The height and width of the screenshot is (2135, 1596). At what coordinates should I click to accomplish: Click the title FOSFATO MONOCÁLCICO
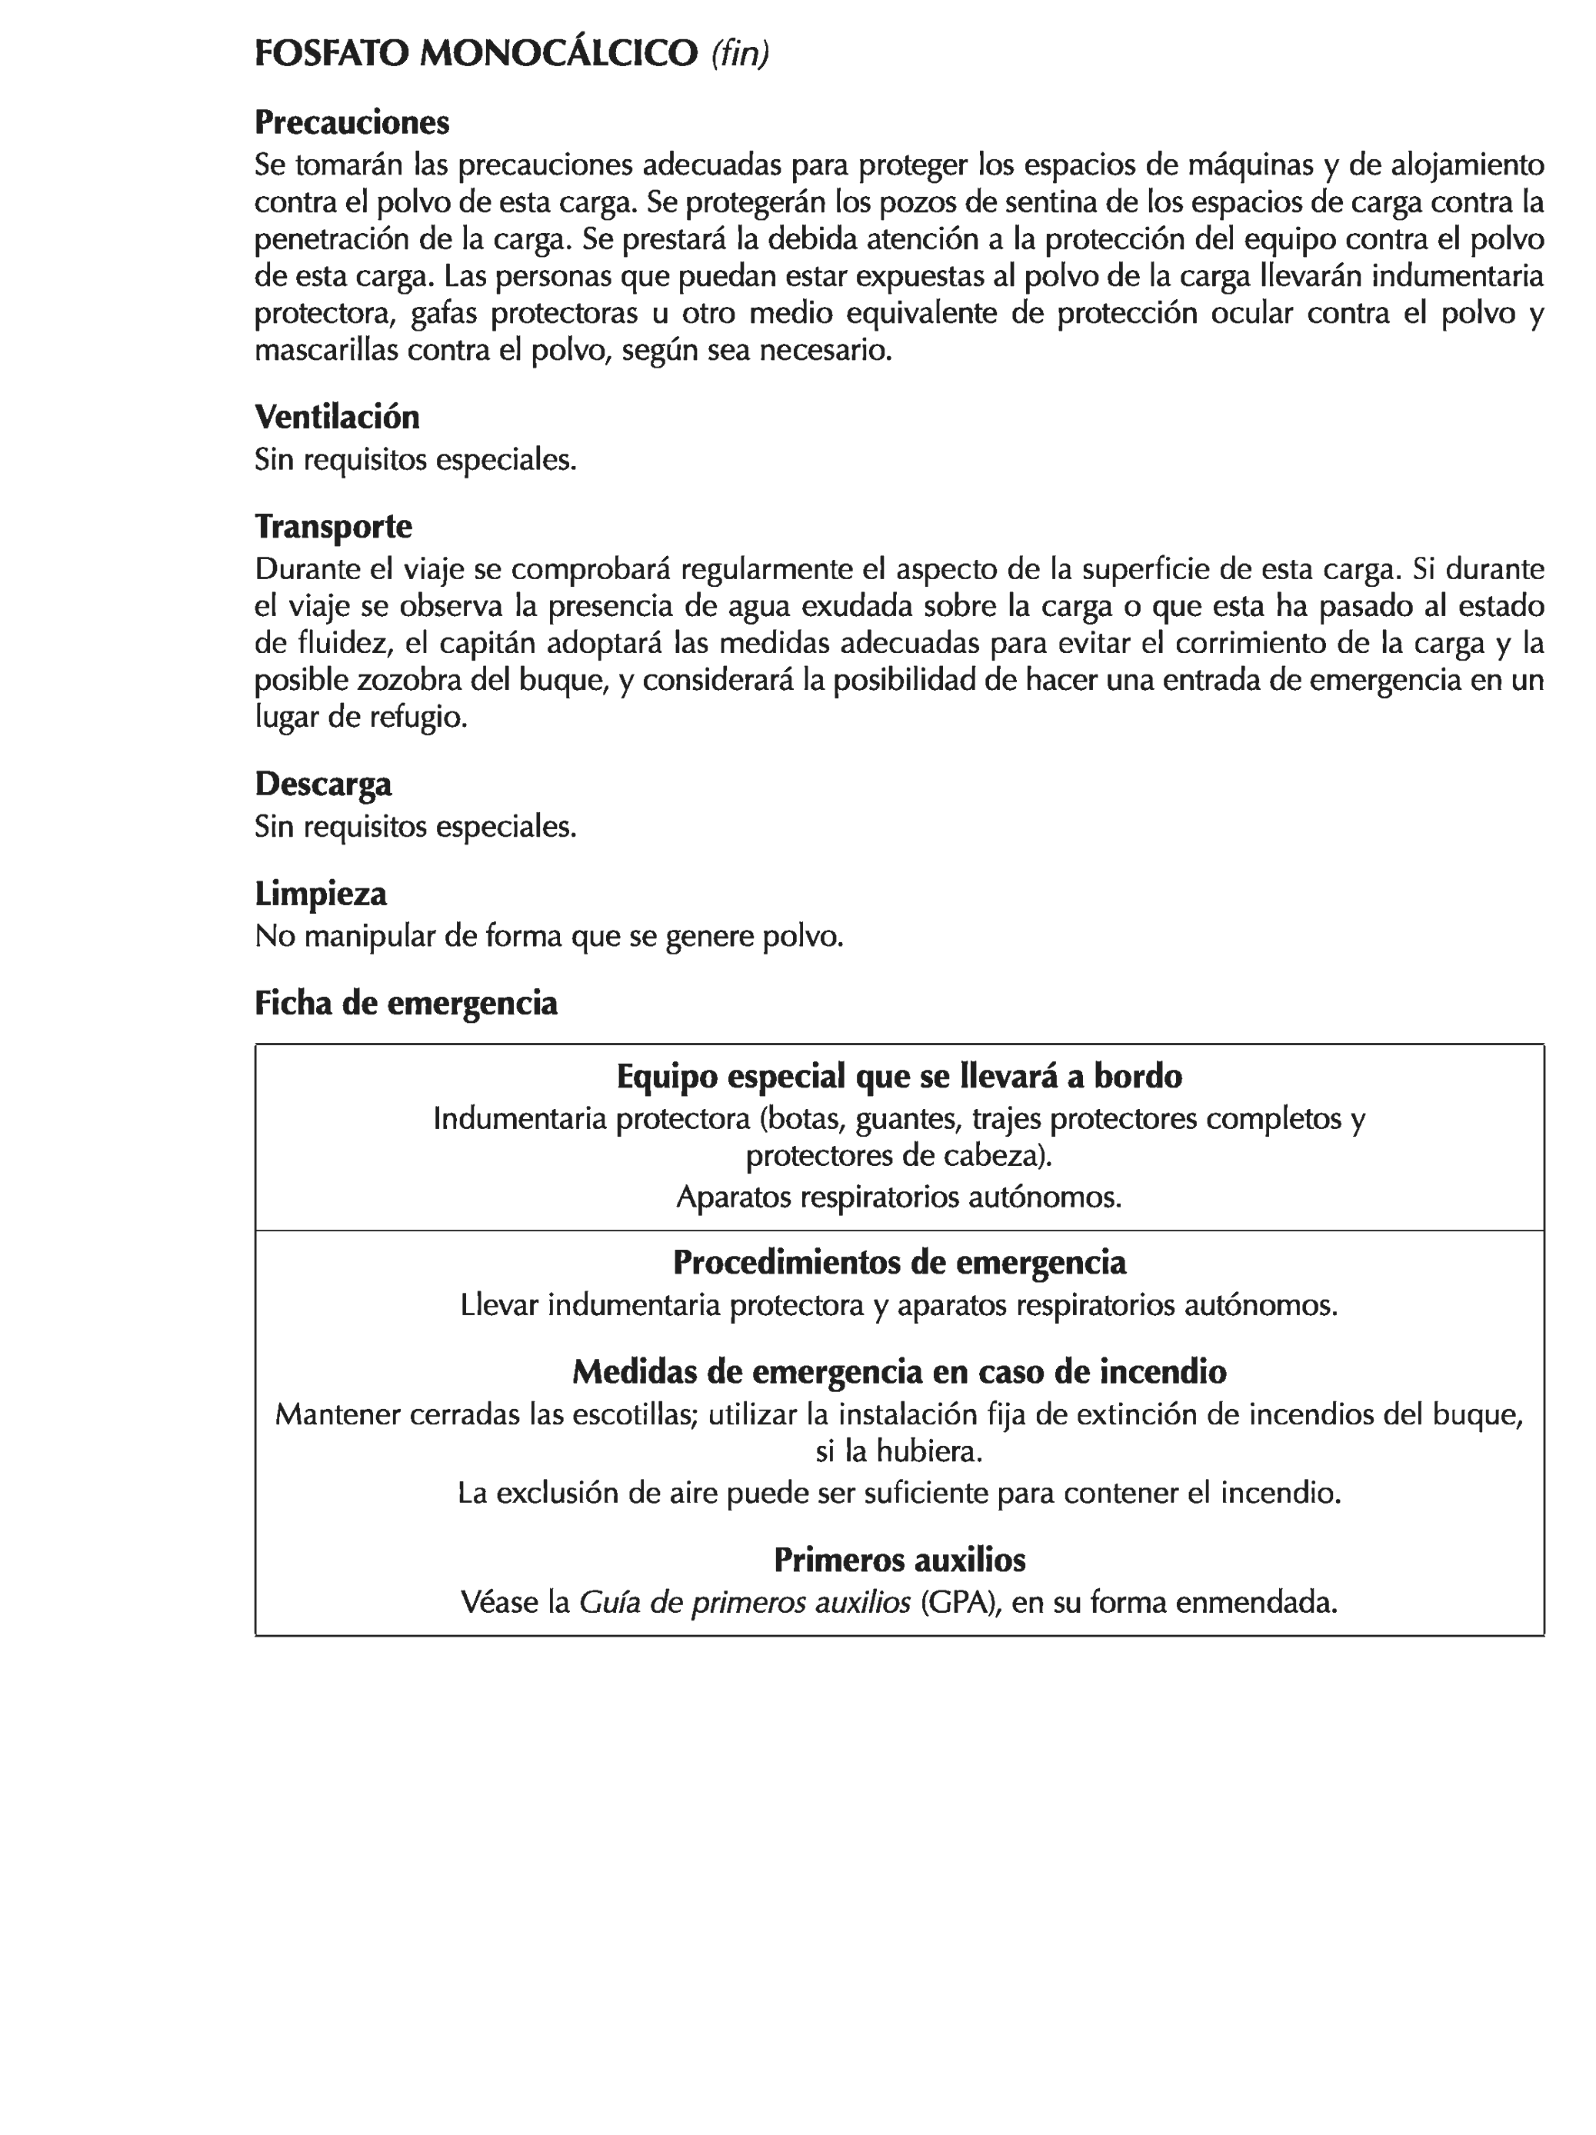click(475, 54)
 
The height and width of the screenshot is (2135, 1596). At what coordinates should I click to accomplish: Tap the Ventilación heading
click(337, 417)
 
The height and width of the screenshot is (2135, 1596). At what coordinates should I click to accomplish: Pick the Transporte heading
click(333, 526)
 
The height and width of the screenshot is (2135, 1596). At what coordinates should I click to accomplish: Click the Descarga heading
click(324, 784)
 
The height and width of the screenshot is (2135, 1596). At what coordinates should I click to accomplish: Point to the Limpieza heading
click(321, 894)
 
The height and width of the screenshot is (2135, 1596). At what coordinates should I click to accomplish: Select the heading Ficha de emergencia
click(405, 1003)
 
